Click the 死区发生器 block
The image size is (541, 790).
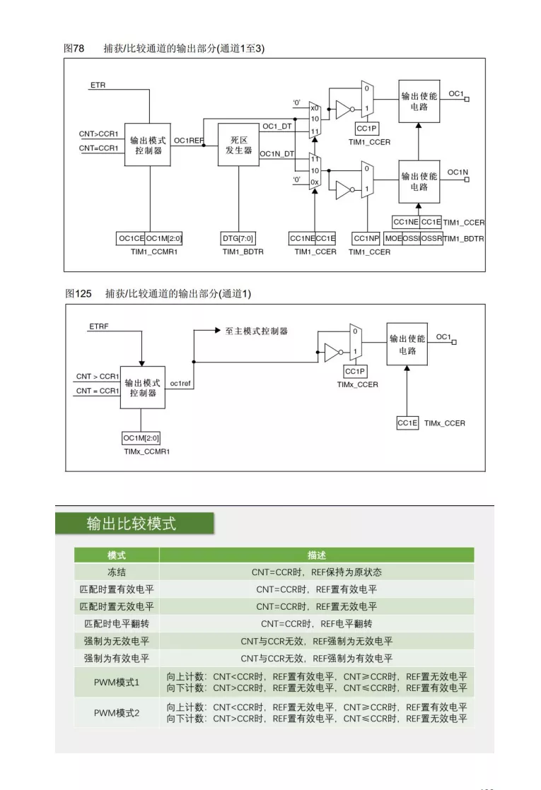click(238, 145)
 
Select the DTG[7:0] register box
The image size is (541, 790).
click(238, 238)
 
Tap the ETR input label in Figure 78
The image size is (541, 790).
click(98, 85)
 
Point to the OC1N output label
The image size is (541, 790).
click(458, 172)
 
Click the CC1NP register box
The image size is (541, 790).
click(366, 238)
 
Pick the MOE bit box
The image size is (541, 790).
click(393, 238)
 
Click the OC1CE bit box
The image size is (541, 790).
click(131, 238)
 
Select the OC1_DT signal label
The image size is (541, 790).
click(277, 126)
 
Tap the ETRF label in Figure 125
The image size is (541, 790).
click(99, 326)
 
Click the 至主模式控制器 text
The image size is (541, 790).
click(256, 331)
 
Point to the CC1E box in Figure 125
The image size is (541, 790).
click(407, 423)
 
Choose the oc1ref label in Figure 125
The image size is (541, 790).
click(180, 384)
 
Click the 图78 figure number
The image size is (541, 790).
click(74, 48)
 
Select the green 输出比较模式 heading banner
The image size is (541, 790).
click(134, 524)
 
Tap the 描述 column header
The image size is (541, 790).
click(317, 555)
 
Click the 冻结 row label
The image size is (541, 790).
click(117, 572)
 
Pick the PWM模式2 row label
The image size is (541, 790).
click(117, 713)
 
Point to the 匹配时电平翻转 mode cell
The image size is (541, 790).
click(117, 624)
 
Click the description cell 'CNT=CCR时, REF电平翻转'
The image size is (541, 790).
click(317, 624)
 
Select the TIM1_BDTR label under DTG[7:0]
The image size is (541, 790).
click(243, 252)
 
